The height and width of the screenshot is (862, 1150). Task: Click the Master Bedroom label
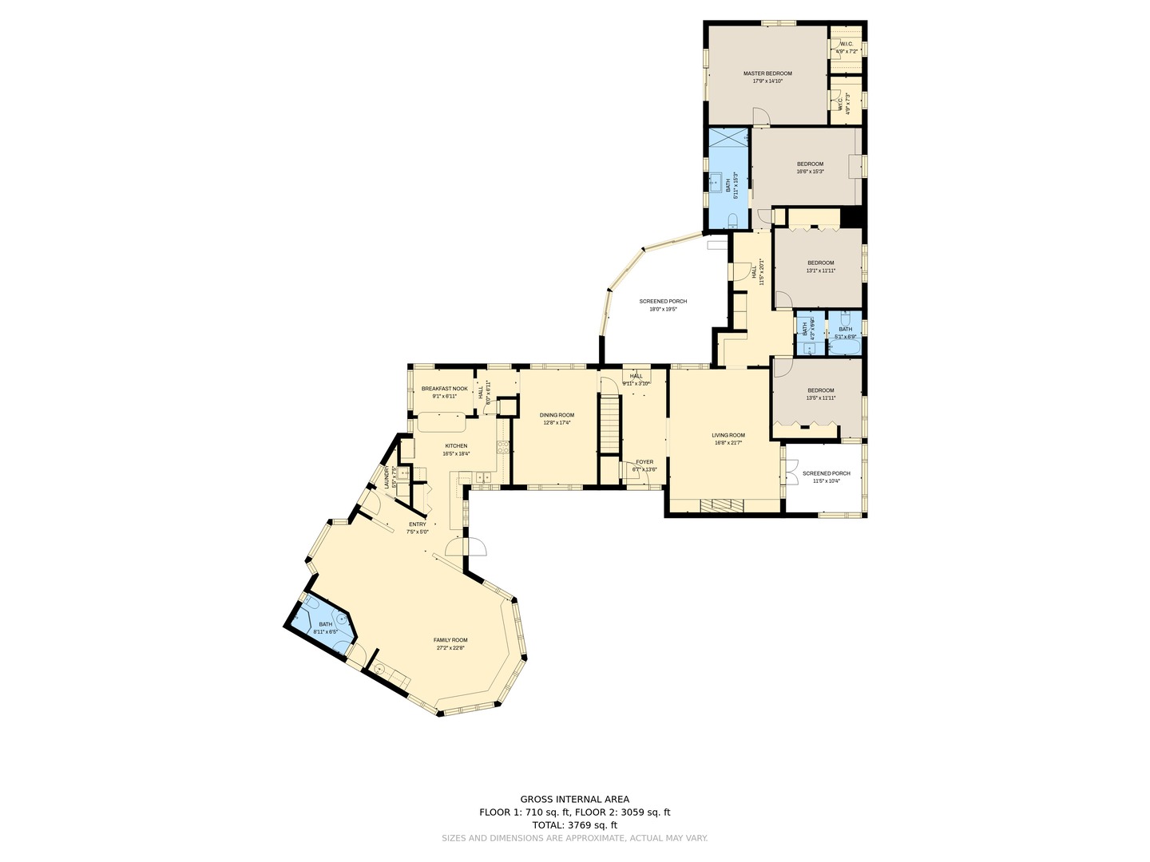click(767, 73)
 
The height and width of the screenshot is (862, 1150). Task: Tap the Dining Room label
click(557, 415)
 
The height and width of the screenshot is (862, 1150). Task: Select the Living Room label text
click(728, 436)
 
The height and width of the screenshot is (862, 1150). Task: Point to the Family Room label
click(450, 640)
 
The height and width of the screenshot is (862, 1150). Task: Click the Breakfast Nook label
click(444, 389)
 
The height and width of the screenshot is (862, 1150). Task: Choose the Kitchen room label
click(456, 446)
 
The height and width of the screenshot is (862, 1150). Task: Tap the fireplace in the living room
click(721, 504)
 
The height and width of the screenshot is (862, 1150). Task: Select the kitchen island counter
click(440, 421)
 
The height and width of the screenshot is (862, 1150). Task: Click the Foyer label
click(644, 462)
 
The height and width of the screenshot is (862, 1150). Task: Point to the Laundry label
click(387, 478)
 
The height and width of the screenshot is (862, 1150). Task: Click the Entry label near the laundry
click(418, 524)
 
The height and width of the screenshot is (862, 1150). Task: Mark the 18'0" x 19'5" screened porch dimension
click(663, 309)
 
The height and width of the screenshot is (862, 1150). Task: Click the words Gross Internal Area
click(574, 799)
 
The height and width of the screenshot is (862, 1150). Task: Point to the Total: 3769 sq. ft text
click(574, 825)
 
